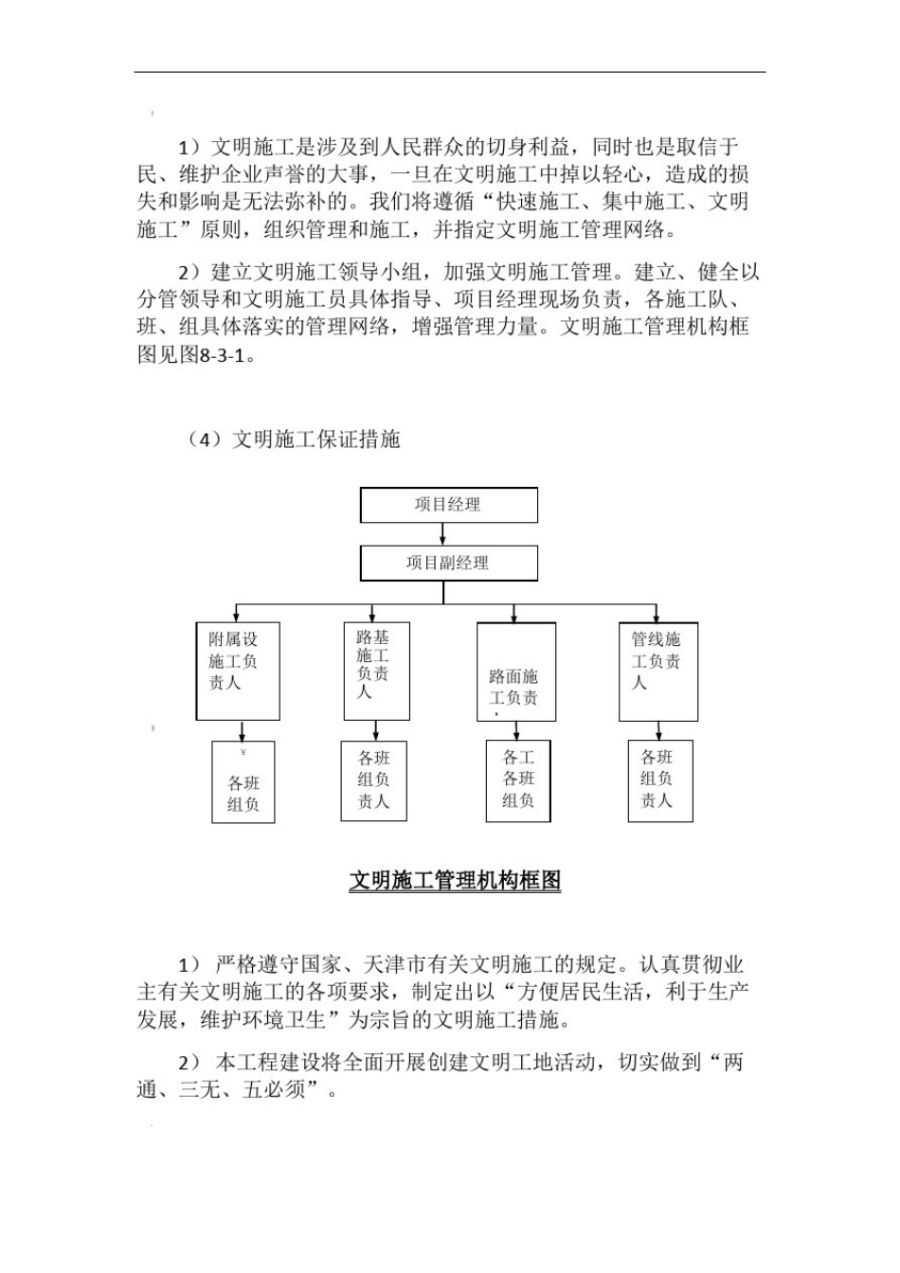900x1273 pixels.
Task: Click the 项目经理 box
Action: (448, 505)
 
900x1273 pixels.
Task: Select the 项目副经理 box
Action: (448, 563)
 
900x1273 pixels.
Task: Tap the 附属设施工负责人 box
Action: (238, 670)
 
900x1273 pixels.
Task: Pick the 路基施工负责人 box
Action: (376, 670)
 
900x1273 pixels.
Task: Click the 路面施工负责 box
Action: (515, 672)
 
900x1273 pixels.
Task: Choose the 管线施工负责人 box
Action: (658, 670)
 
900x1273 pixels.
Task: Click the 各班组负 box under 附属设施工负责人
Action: (243, 781)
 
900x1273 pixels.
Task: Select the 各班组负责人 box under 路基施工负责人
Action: (374, 780)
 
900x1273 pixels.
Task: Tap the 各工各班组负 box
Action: (518, 780)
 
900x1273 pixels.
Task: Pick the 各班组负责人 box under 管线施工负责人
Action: (660, 780)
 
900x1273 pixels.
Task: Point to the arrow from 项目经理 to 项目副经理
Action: (443, 534)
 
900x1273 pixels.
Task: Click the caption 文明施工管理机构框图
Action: (455, 881)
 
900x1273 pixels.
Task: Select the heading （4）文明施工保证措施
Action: (293, 440)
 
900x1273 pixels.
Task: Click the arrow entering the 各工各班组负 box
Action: (516, 731)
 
